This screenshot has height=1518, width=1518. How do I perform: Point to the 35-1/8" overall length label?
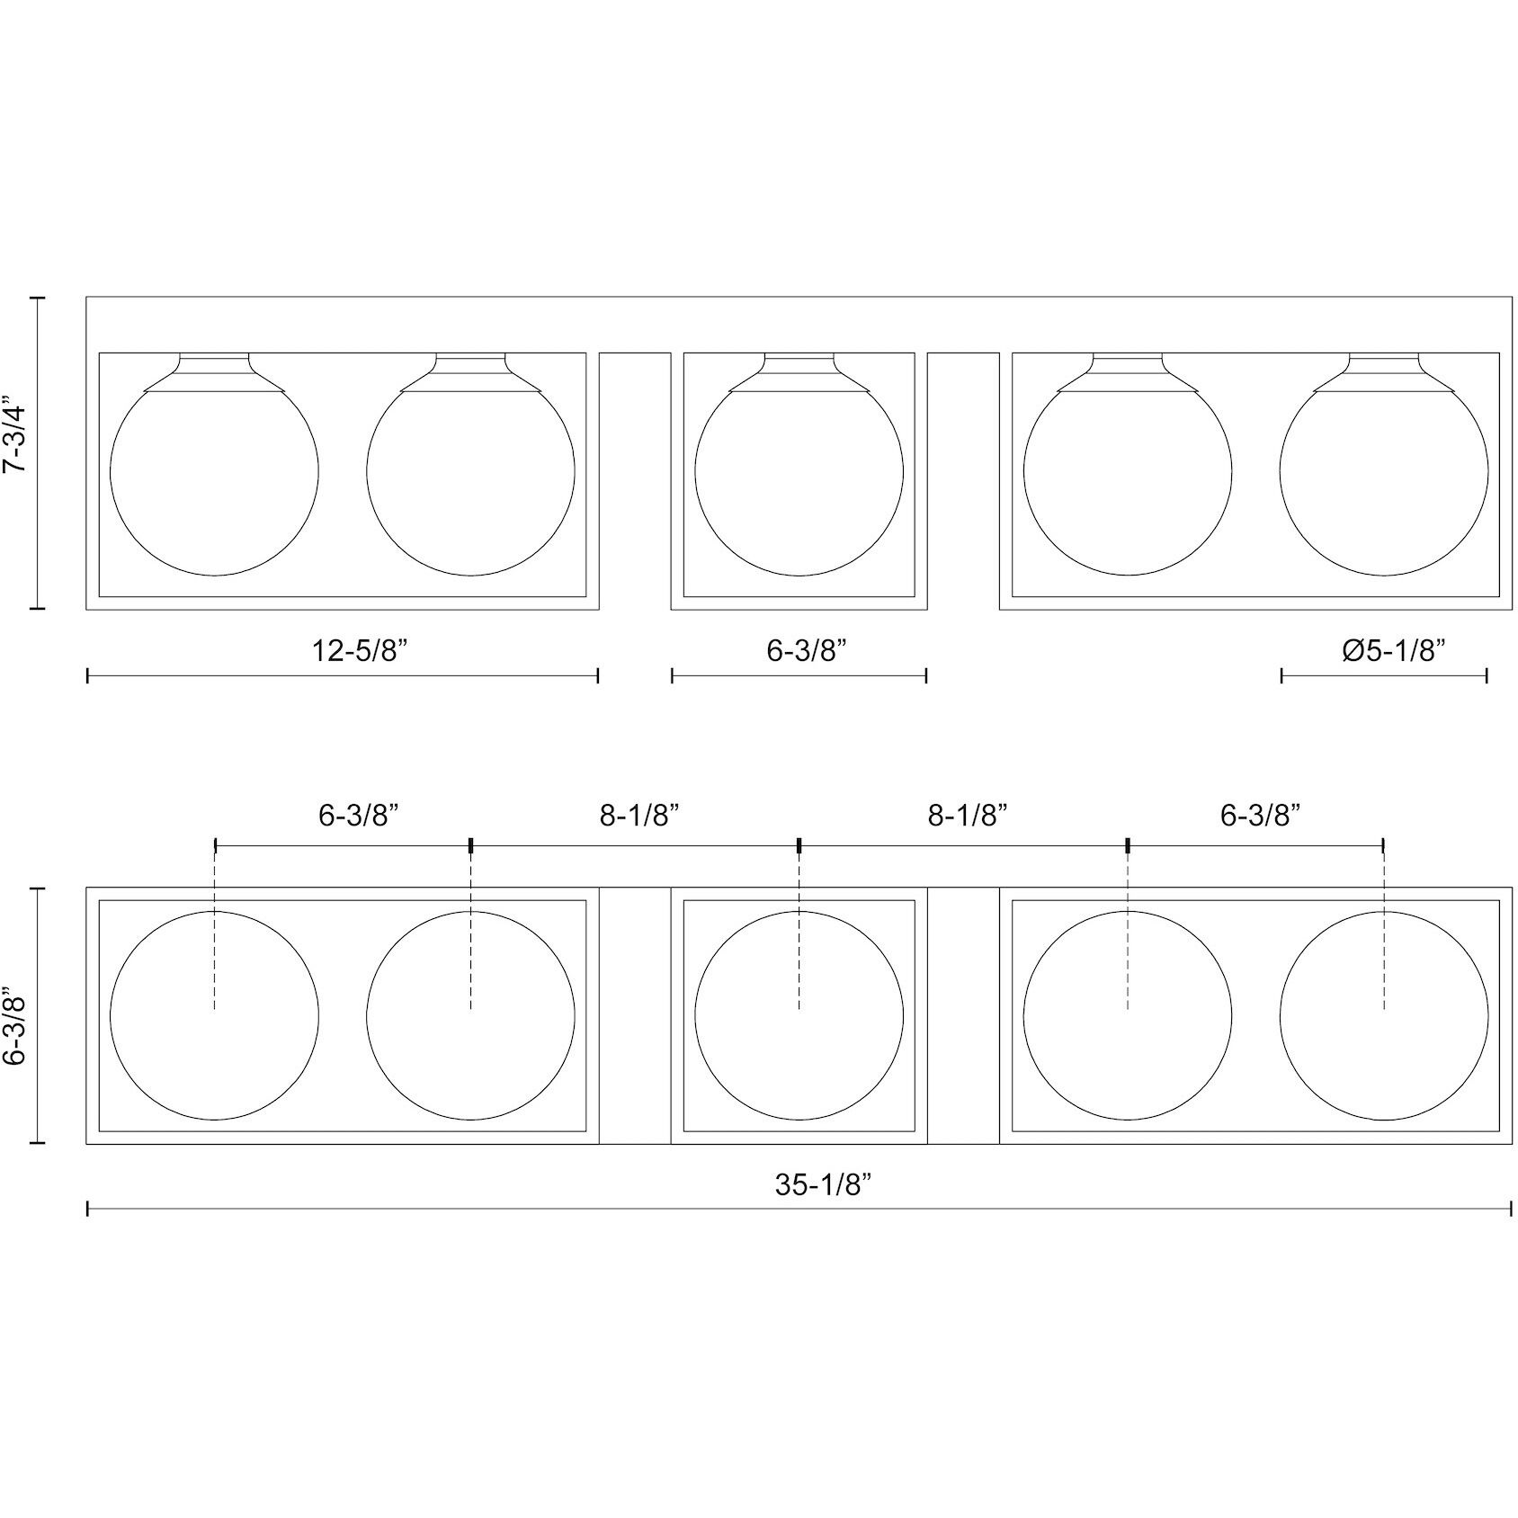point(825,1185)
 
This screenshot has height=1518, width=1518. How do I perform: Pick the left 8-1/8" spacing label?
point(639,816)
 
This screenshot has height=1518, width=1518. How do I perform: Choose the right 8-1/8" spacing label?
point(968,816)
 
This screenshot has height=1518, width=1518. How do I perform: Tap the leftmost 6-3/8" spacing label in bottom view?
point(359,816)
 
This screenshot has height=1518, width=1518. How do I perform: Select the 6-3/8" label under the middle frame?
point(808,650)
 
